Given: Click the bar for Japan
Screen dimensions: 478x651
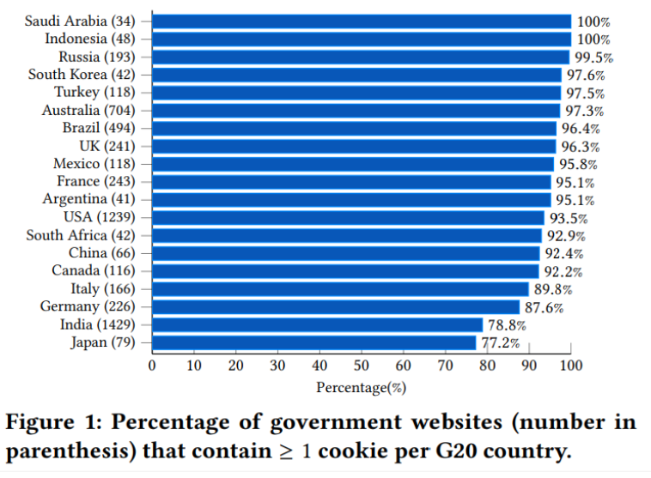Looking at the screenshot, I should click(313, 342).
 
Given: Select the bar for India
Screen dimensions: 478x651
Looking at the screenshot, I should click(317, 324).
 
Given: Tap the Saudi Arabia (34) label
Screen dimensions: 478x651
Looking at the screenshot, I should click(80, 21).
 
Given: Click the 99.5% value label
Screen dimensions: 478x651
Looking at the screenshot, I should click(594, 57).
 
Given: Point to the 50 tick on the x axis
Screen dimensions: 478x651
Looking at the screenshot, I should click(362, 366).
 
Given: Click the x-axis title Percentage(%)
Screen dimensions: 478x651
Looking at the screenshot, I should click(361, 388).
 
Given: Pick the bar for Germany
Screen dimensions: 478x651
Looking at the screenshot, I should click(336, 306).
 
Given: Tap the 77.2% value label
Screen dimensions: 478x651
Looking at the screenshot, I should click(500, 343).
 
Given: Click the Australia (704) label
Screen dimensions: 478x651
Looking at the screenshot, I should click(88, 110).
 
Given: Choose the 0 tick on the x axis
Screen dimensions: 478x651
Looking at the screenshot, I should click(152, 366).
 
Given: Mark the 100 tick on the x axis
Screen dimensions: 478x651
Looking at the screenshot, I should click(571, 366).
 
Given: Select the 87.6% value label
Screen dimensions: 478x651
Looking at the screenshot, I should click(544, 307).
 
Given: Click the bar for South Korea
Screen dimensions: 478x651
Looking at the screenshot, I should click(356, 75).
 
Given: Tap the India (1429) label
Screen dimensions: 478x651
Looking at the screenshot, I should click(97, 324).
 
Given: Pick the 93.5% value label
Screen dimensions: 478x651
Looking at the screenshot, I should click(569, 217).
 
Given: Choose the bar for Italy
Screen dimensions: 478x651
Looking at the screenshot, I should click(340, 288).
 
